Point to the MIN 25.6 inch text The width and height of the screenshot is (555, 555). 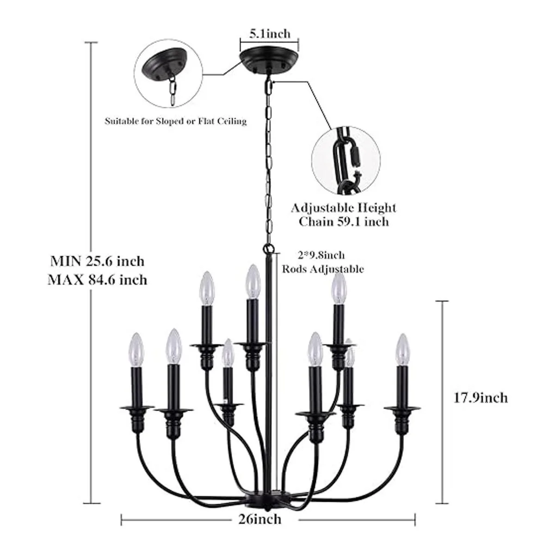(98, 261)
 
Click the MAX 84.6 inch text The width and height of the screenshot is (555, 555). (98, 279)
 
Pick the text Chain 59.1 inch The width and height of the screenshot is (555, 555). (343, 222)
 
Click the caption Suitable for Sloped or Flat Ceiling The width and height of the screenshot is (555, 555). (175, 122)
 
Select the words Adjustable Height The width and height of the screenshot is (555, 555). (343, 208)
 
